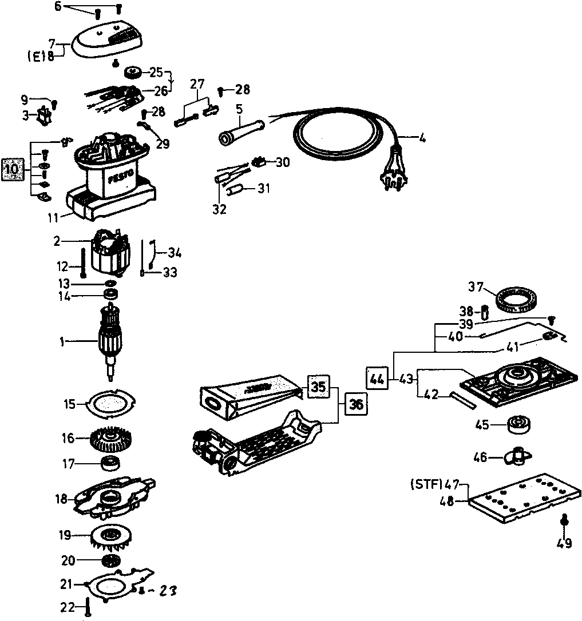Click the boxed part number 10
(x=12, y=170)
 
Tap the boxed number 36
(x=356, y=405)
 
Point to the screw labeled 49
(x=564, y=521)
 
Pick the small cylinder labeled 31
(x=235, y=190)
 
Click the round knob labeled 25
(x=133, y=73)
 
